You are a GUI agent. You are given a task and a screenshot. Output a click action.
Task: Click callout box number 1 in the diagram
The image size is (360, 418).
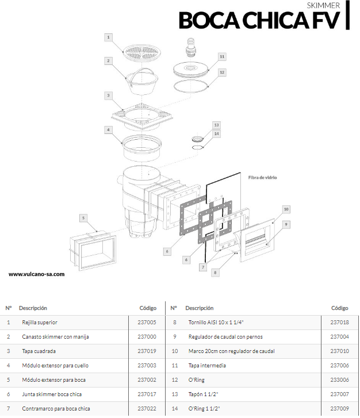coord(108,37)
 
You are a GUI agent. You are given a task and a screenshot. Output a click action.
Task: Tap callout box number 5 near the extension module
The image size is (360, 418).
coord(83,218)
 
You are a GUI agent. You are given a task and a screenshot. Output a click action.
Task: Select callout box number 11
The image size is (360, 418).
coord(222,56)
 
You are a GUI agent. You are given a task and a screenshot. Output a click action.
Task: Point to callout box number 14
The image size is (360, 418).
coord(217,133)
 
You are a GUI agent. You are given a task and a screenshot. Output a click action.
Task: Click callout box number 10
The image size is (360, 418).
coord(286,209)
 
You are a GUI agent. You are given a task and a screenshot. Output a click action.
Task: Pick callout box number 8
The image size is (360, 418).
coord(215,273)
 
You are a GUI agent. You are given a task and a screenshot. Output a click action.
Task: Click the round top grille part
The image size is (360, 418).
coord(142,52)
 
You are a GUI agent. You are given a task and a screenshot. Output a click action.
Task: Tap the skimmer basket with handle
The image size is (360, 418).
coord(141,80)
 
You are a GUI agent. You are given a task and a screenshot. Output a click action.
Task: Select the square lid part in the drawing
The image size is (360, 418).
coord(141,117)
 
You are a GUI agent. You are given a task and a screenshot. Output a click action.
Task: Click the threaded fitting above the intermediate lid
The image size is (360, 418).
coord(191,48)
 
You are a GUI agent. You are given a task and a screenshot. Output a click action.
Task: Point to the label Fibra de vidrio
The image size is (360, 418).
coord(262,178)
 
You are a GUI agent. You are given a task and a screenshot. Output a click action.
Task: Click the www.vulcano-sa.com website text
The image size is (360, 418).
coord(37,274)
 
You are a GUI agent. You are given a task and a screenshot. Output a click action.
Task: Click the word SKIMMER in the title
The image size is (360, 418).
coord(323,5)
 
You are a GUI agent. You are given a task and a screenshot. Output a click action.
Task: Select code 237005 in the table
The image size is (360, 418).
coord(147,323)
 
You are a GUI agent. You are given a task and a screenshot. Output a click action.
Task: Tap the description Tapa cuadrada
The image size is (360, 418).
coord(39,351)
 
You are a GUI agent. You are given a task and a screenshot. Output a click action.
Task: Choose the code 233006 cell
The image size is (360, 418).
coord(339,380)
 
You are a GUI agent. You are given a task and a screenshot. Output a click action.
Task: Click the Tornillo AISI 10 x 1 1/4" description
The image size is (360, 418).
coord(216,323)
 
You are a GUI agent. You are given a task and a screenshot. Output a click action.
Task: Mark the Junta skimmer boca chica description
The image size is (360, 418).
coord(52,394)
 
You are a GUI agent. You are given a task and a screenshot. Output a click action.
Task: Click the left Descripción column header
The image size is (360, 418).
coord(33,308)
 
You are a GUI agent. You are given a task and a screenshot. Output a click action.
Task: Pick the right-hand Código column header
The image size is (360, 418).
coord(339,308)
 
